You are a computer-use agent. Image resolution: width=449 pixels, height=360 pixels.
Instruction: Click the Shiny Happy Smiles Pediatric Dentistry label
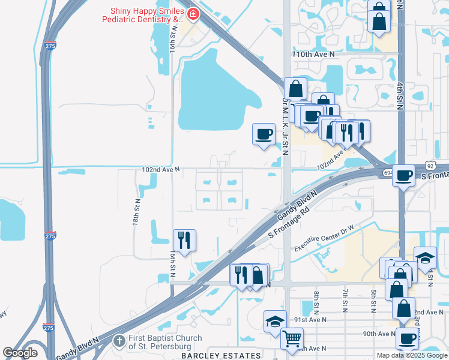[x=146, y=16]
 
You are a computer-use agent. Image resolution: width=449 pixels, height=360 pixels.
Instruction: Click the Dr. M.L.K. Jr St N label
[x=285, y=125]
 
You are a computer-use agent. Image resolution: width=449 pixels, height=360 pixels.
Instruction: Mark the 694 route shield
[x=385, y=173]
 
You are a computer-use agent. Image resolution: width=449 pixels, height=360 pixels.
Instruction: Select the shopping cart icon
[x=292, y=339]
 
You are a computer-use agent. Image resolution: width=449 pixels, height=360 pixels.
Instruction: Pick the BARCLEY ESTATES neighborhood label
[x=234, y=355]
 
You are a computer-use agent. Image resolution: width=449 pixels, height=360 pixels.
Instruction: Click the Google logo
[x=20, y=352]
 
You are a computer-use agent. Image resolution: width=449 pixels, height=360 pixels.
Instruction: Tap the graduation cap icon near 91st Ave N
[x=274, y=320]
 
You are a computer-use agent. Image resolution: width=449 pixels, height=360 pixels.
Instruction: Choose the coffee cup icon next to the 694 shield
[x=405, y=175]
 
